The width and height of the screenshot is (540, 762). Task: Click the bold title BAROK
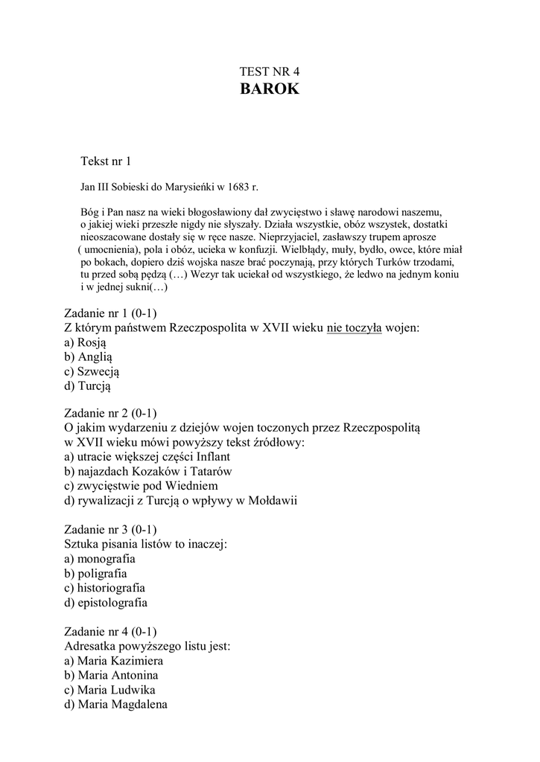(270, 91)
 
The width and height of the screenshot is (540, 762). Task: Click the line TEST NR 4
(270, 71)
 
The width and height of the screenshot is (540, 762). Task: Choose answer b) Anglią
(88, 357)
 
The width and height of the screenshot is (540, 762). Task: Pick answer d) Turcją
(89, 386)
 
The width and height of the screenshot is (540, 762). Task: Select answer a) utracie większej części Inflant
(147, 457)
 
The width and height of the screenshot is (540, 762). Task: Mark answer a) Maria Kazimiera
(115, 660)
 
